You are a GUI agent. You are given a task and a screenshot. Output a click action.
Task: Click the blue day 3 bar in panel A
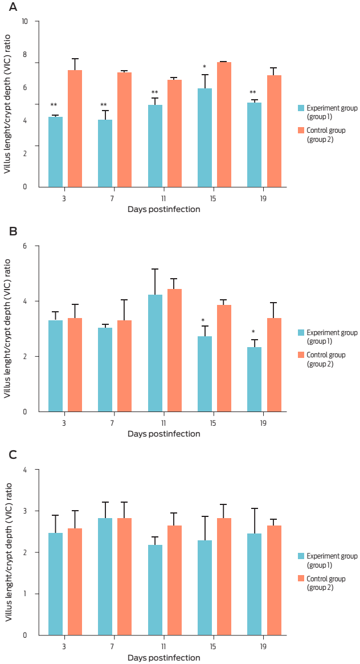tap(55, 152)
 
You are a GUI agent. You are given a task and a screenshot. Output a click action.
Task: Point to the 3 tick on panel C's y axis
tap(32, 511)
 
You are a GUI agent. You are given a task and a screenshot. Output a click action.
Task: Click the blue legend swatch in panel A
tap(301, 108)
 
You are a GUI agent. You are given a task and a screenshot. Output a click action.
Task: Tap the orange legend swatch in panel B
tap(301, 355)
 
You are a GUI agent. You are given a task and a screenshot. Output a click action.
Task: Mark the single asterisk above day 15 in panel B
tap(204, 321)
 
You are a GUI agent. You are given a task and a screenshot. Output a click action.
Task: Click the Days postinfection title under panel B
tap(164, 434)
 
